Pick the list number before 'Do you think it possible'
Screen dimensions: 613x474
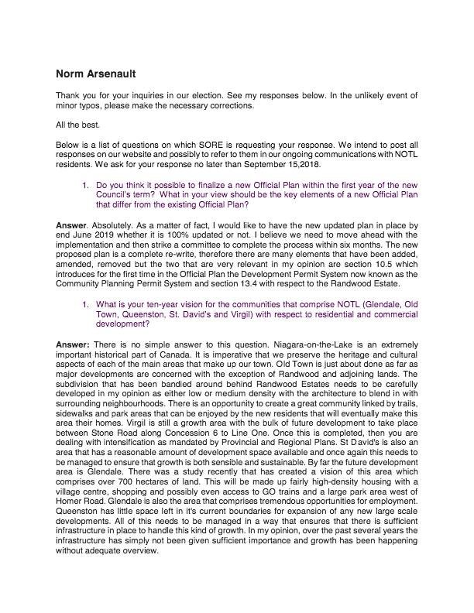[85, 186]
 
